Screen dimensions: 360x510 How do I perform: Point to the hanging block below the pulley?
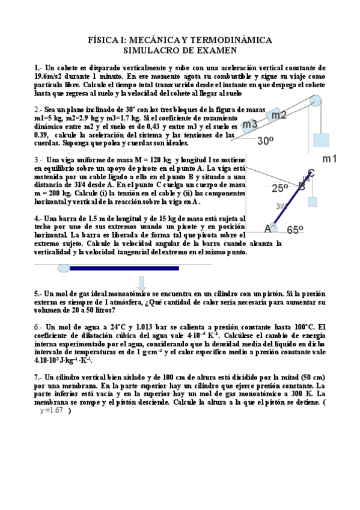click(x=321, y=140)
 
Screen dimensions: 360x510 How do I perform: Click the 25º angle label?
click(x=280, y=188)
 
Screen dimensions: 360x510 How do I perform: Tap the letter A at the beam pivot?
click(x=268, y=228)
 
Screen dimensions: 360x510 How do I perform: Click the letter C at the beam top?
click(x=311, y=173)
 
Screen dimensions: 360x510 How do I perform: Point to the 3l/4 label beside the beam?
click(x=281, y=206)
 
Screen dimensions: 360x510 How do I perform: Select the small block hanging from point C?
click(x=312, y=201)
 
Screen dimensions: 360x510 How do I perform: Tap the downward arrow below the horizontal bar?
click(x=142, y=283)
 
